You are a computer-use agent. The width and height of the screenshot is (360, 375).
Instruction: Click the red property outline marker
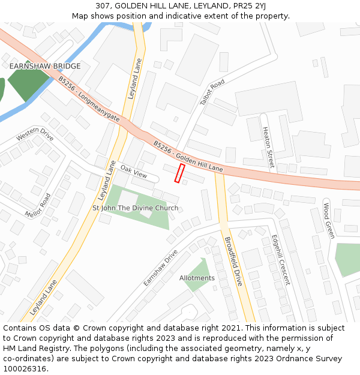179,173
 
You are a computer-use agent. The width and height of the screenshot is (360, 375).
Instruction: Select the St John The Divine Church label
135,208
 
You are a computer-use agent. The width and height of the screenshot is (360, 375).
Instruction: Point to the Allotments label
197,278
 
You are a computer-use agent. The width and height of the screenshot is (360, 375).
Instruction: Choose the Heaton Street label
267,147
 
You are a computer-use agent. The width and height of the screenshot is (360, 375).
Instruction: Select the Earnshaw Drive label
161,268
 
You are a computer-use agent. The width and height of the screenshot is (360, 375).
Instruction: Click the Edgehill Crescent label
280,259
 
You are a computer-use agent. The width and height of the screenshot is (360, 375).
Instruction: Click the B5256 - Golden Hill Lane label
188,157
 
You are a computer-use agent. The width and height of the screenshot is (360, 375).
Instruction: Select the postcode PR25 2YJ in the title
247,6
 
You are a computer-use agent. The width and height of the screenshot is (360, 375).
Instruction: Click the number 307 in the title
103,6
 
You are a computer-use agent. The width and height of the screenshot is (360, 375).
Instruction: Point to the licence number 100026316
25,369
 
